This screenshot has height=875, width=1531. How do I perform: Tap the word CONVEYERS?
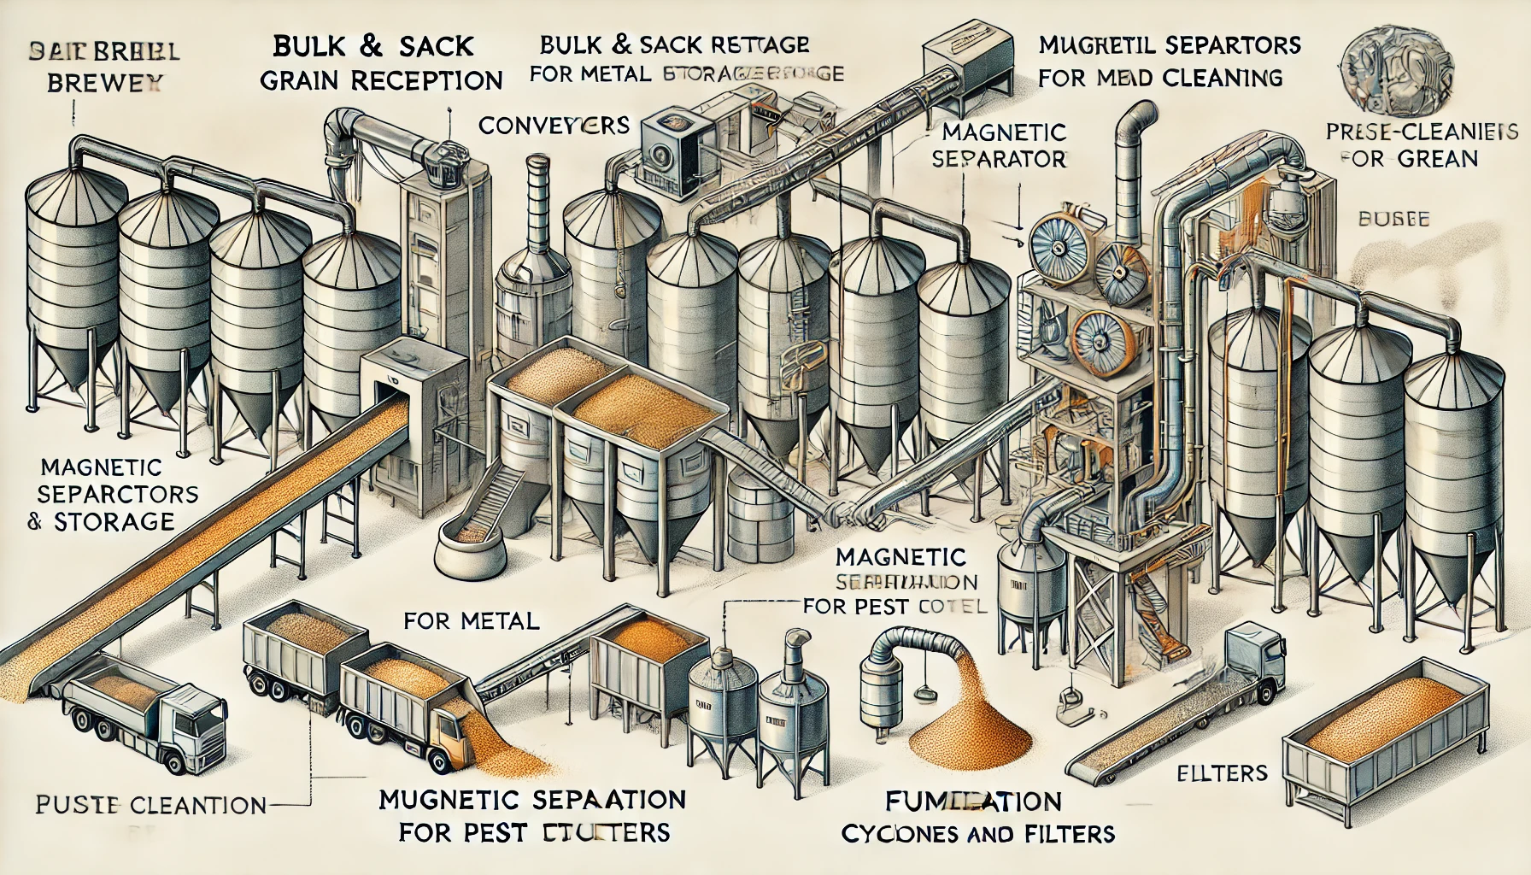(x=554, y=126)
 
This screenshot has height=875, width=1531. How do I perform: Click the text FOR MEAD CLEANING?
(x=1161, y=78)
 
